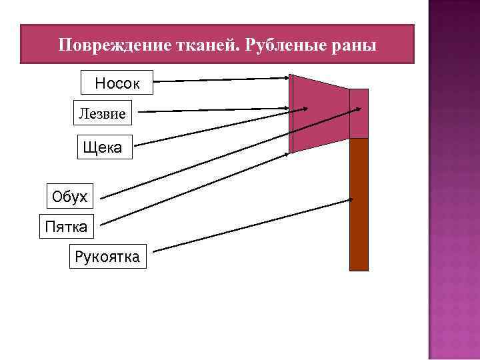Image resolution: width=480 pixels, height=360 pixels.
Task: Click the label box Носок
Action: (117, 84)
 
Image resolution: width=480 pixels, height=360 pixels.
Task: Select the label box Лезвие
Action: (102, 113)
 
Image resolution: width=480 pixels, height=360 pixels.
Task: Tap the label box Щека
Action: (103, 147)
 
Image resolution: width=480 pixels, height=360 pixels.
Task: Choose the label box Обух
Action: (70, 196)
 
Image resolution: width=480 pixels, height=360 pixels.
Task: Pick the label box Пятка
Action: (66, 227)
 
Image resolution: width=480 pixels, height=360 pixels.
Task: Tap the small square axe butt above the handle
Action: (359, 113)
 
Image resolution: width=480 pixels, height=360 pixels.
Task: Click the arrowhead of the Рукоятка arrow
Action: (351, 199)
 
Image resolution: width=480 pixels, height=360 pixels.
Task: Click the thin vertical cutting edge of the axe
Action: (291, 113)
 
